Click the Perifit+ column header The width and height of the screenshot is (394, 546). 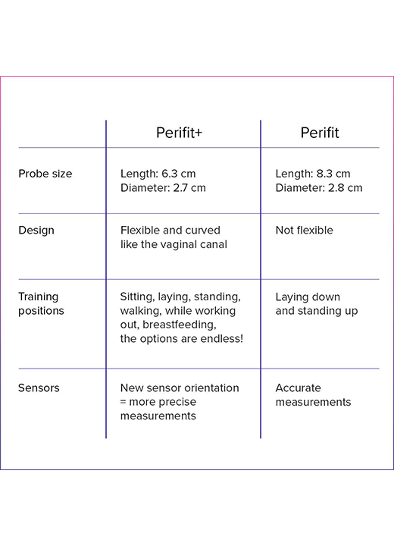[x=179, y=133]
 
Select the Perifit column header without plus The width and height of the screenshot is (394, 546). [x=320, y=133]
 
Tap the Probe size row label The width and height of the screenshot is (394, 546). [x=45, y=174]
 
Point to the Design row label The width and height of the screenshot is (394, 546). [x=36, y=231]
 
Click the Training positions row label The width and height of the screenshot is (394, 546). [x=41, y=303]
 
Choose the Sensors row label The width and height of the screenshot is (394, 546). [x=39, y=388]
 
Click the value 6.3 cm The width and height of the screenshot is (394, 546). [x=179, y=174]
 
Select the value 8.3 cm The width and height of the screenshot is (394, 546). [x=333, y=174]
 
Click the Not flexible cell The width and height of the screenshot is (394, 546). [x=304, y=231]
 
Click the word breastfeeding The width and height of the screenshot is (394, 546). [x=180, y=325]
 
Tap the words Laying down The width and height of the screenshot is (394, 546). [x=308, y=297]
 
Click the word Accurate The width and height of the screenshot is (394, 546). [x=299, y=388]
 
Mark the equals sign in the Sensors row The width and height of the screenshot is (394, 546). [x=123, y=402]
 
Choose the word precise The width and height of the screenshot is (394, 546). [x=178, y=402]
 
